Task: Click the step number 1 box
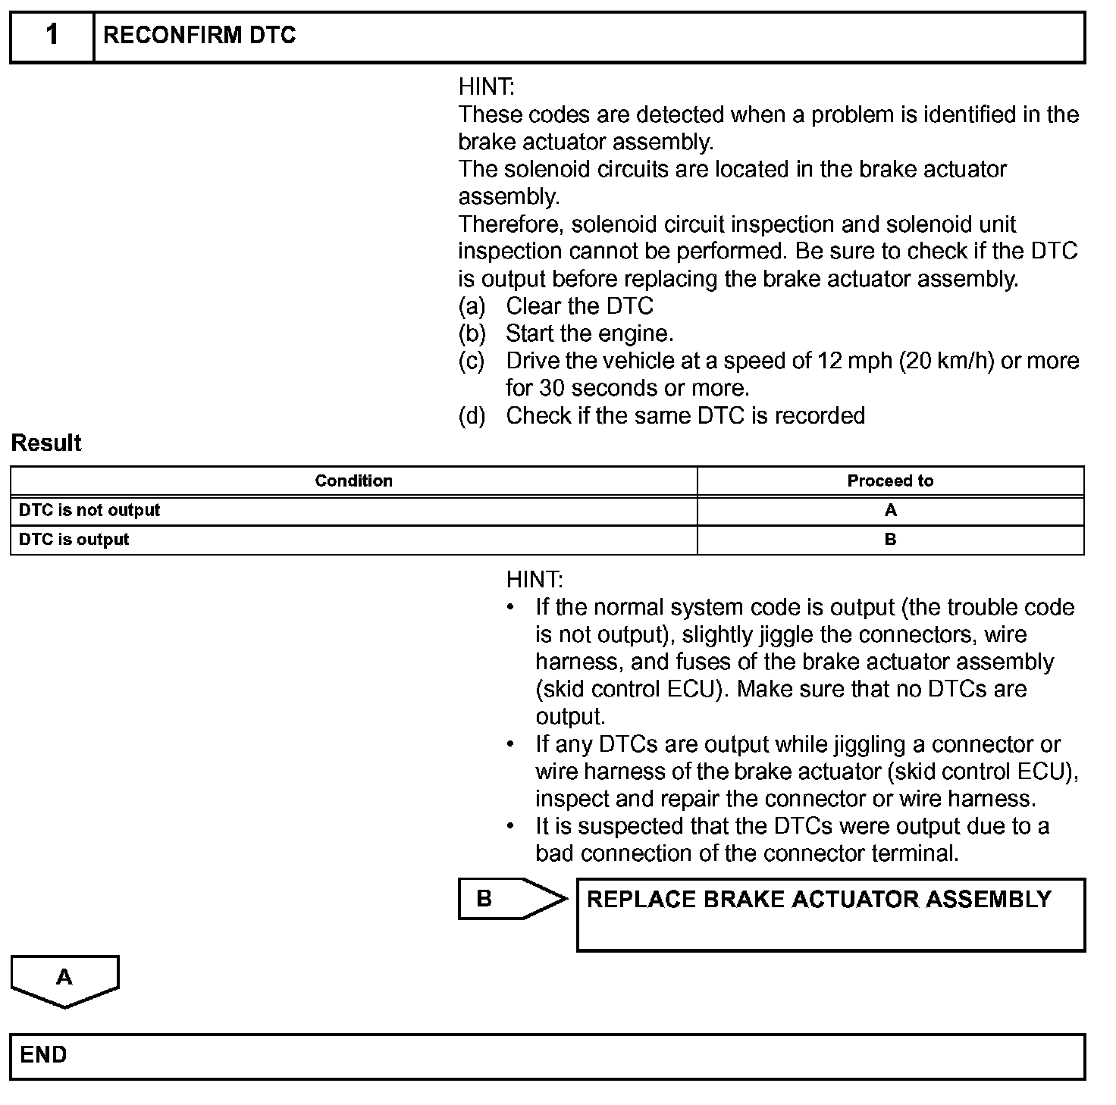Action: pos(52,36)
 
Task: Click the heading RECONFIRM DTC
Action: pos(199,36)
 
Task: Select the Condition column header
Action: pos(353,481)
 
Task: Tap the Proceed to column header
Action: pos(890,481)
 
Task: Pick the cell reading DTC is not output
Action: pos(89,510)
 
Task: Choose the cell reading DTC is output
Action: pos(74,540)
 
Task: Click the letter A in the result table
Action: pos(890,510)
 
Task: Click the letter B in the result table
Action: pos(890,540)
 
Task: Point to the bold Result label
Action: pos(46,443)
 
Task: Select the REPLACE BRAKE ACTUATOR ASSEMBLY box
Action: pos(830,914)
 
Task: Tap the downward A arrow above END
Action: pos(64,980)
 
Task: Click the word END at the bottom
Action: pos(43,1055)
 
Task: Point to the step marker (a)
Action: pos(472,306)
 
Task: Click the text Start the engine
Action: pos(589,333)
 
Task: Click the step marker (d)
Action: pos(472,415)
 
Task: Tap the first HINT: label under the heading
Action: pos(486,87)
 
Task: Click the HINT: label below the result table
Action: pos(534,580)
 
